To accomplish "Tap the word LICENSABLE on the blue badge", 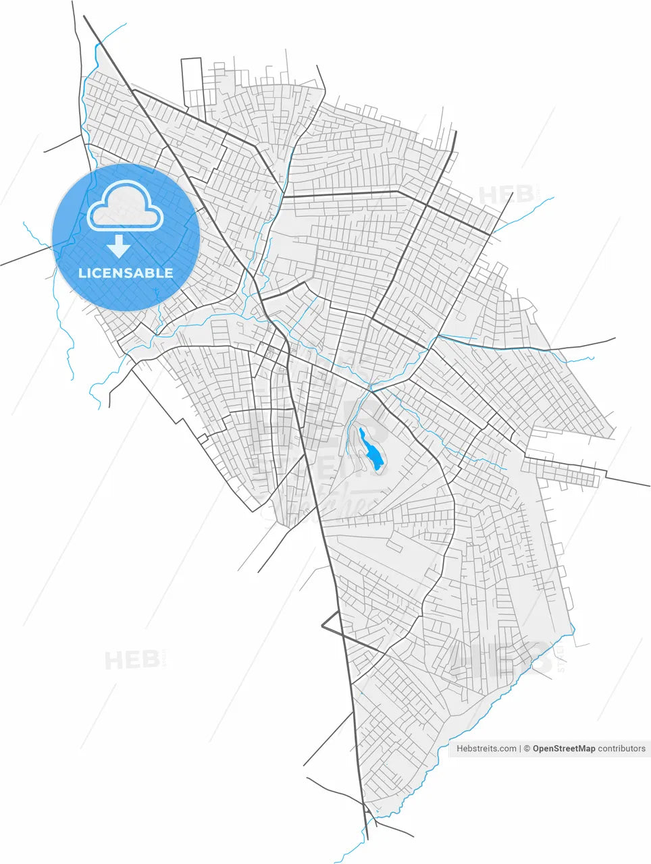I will [x=126, y=273].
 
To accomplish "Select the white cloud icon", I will [x=126, y=206].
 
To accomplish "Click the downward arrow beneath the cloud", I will [x=119, y=246].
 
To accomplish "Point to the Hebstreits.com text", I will [x=486, y=749].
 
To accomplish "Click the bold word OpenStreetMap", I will [x=564, y=749].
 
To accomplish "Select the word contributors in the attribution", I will [x=622, y=749].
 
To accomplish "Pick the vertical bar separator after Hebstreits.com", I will [x=521, y=749].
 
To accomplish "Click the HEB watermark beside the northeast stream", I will [x=506, y=195].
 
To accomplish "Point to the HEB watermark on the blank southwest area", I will [x=132, y=659].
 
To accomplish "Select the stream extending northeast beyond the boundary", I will [x=527, y=213].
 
